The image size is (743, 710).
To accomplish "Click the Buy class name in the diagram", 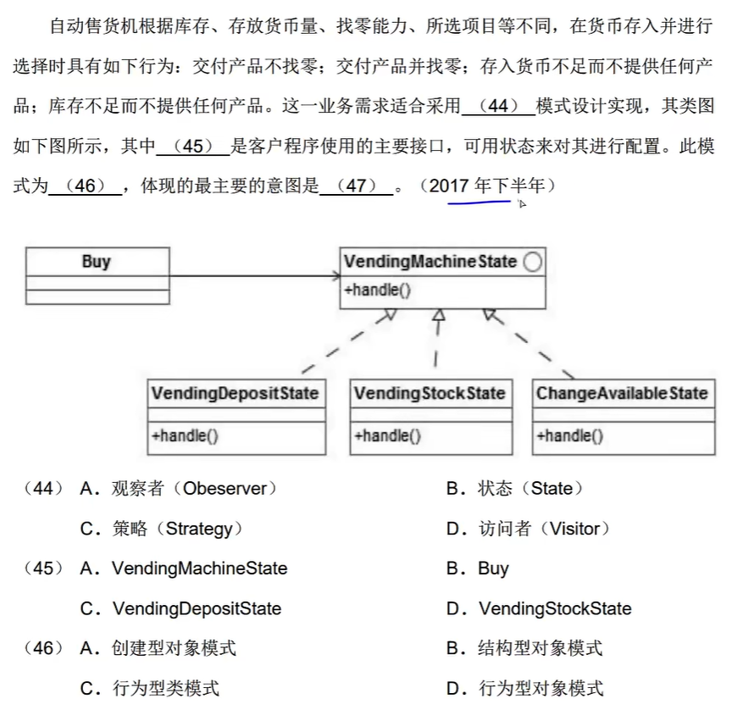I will pyautogui.click(x=97, y=261).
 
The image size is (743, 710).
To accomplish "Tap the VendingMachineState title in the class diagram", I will pyautogui.click(x=430, y=261).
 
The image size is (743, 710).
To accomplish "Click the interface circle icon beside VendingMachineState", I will pyautogui.click(x=533, y=262).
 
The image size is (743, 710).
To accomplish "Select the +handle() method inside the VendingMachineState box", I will pyautogui.click(x=378, y=290).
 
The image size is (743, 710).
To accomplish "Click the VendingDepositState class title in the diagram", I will pyautogui.click(x=235, y=393).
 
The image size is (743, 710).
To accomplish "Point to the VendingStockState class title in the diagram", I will pyautogui.click(x=430, y=393).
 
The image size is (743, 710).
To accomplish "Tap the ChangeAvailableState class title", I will pyautogui.click(x=622, y=393).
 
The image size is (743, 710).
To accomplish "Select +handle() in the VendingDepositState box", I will pyautogui.click(x=185, y=437).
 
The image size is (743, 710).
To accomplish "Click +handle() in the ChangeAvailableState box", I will pyautogui.click(x=569, y=437).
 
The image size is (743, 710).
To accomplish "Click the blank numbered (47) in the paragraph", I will pyautogui.click(x=357, y=186).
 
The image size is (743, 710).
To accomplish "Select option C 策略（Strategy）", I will pyautogui.click(x=162, y=529).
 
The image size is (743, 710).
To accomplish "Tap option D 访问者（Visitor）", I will pyautogui.click(x=528, y=529).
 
